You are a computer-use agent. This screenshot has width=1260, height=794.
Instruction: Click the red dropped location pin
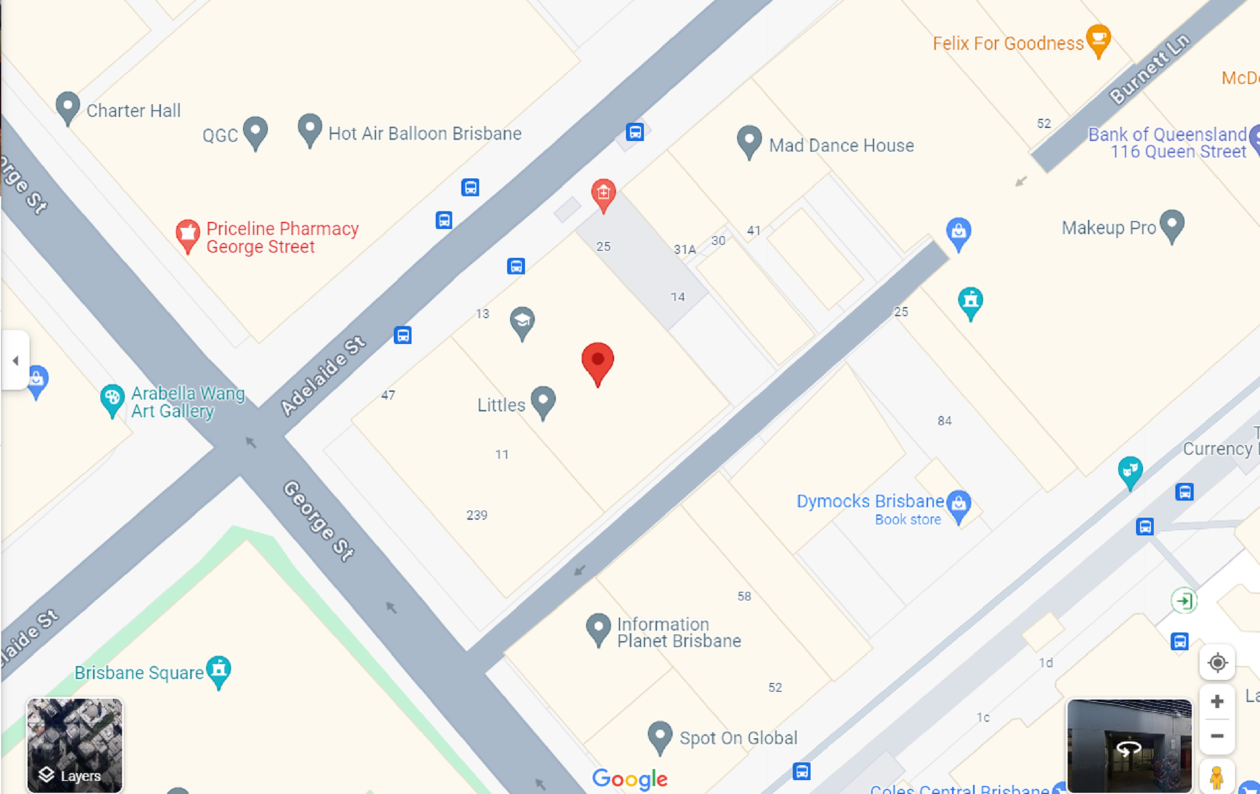(x=597, y=362)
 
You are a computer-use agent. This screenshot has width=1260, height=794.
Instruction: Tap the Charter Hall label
(x=133, y=110)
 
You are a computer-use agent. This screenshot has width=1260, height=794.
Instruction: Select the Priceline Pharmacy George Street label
(x=282, y=238)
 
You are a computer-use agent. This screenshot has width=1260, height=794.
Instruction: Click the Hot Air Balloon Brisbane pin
(x=310, y=129)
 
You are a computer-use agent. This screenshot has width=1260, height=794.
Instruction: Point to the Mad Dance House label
(x=841, y=145)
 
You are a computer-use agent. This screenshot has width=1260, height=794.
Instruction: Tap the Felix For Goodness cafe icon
(x=1098, y=39)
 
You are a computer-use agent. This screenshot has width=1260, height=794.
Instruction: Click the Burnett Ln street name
(x=1149, y=68)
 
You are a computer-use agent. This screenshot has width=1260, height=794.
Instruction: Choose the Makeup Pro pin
(x=1171, y=224)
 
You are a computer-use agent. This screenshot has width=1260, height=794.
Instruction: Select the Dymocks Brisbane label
(x=870, y=501)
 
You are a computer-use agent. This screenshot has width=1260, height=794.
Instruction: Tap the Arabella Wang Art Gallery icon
(x=112, y=398)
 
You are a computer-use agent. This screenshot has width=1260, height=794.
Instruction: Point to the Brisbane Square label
(x=139, y=673)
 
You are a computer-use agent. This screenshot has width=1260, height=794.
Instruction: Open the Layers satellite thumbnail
(x=74, y=745)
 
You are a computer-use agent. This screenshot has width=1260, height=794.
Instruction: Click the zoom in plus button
(x=1217, y=701)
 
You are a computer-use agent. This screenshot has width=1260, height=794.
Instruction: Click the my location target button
(x=1217, y=663)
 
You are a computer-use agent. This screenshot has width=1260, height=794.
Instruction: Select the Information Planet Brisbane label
(x=679, y=633)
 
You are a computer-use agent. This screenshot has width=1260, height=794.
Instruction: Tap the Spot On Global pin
(x=660, y=736)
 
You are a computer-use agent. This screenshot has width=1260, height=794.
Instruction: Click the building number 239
(x=477, y=515)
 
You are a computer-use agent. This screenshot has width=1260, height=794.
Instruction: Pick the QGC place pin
(x=255, y=131)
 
